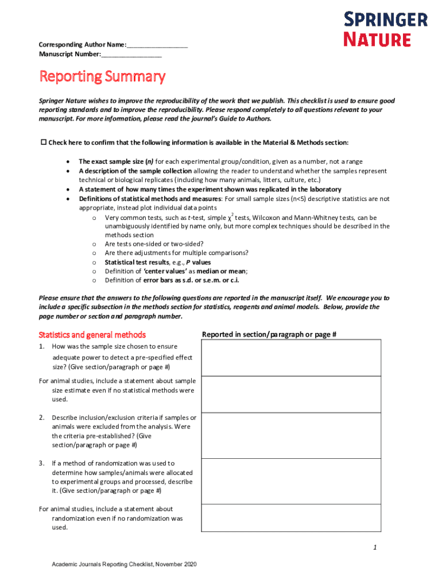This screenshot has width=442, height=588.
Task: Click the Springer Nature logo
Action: point(385,30)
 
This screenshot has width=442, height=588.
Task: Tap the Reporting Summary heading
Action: point(102,77)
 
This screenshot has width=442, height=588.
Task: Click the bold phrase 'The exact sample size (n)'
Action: point(116,162)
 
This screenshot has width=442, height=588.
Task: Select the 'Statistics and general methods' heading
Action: point(92,335)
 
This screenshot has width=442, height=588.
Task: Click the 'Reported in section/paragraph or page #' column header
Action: point(269,335)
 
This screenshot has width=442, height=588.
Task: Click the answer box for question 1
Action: point(290,357)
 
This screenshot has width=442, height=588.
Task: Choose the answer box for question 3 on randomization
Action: point(290,481)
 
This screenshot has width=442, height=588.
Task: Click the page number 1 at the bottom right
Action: point(374,548)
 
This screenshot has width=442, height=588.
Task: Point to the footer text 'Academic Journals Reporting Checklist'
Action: point(124,565)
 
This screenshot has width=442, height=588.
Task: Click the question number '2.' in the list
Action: point(42,417)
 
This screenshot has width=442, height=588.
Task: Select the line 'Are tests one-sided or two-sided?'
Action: point(154,244)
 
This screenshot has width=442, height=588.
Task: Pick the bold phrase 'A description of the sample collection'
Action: point(135,171)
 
